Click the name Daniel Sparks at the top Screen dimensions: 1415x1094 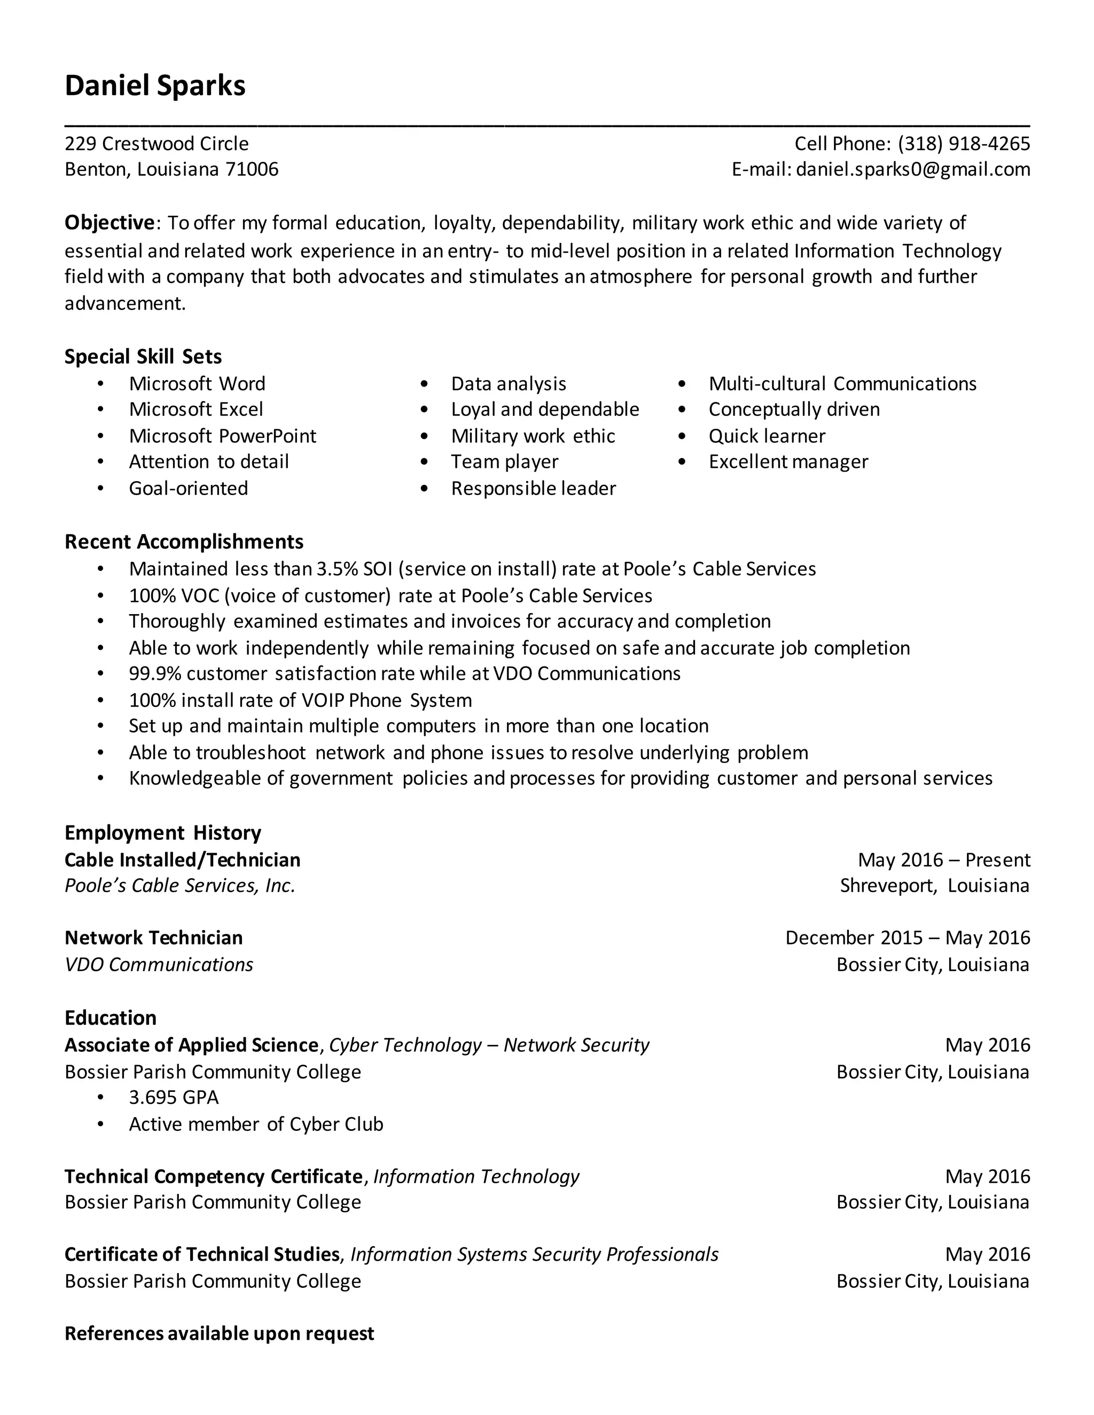(155, 85)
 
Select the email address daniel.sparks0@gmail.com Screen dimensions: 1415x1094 (912, 169)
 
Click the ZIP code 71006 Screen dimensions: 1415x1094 (252, 169)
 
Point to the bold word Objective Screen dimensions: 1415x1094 (109, 223)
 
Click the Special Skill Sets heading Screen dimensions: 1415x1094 (143, 356)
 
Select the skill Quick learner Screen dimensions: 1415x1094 (767, 436)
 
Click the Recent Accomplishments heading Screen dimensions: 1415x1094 (184, 541)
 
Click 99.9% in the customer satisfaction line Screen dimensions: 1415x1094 (155, 674)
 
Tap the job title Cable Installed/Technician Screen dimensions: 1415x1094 (182, 860)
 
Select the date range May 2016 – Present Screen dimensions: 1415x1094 (944, 860)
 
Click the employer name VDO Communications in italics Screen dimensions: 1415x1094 (159, 965)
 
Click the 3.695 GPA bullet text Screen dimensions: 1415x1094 (174, 1097)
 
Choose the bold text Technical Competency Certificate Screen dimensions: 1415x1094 (213, 1176)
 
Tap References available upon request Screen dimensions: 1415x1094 (219, 1333)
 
